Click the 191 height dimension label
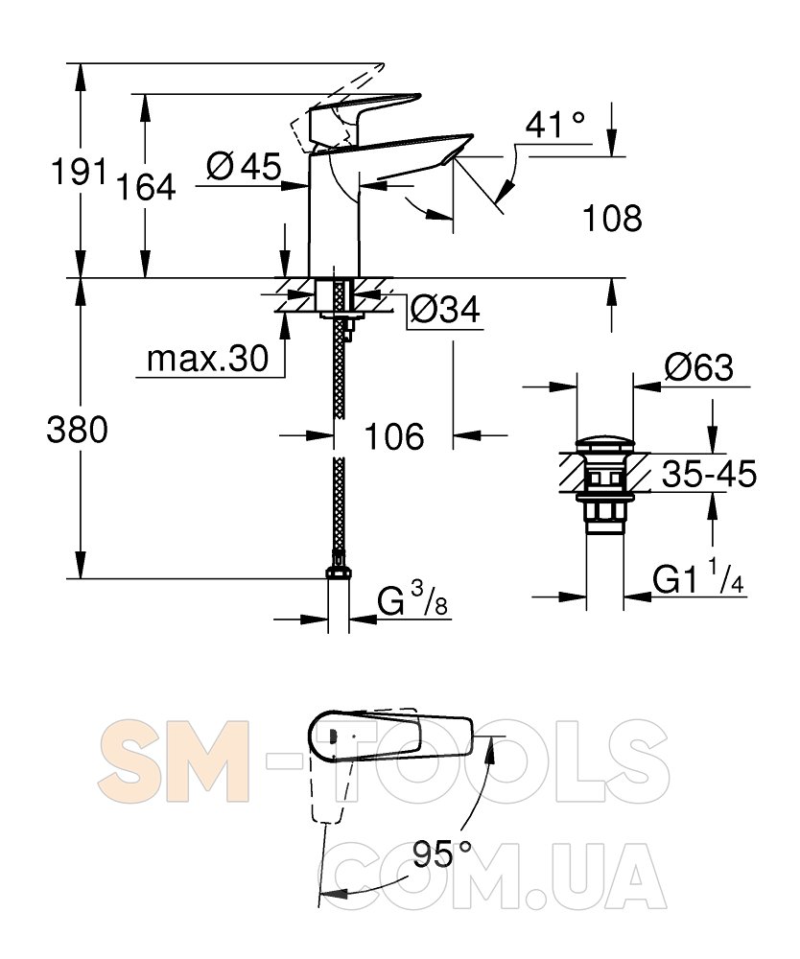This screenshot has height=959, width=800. [x=79, y=171]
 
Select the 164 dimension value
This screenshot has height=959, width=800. [x=146, y=187]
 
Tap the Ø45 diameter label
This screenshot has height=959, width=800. [x=244, y=166]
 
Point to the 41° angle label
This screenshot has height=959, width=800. [x=555, y=125]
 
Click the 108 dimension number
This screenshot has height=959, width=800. [x=612, y=218]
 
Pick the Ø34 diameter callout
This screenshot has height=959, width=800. [x=445, y=310]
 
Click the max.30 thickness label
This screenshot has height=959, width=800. [x=208, y=359]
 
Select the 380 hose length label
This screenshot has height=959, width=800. [x=77, y=430]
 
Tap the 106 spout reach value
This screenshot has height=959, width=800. [x=394, y=436]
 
